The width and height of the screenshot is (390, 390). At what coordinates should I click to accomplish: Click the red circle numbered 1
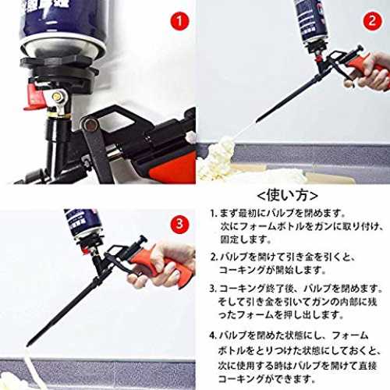click(179, 20)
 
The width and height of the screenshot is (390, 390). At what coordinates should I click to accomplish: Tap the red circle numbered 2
click(372, 20)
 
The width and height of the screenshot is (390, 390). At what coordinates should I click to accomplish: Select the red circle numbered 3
click(179, 224)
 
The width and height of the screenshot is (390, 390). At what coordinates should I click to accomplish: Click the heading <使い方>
click(287, 196)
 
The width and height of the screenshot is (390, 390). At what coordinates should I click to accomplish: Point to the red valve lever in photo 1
click(34, 96)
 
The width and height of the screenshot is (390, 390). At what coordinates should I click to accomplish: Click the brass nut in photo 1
click(56, 97)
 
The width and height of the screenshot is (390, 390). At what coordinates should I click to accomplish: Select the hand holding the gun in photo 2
click(369, 72)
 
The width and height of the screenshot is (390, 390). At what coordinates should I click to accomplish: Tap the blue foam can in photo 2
click(310, 23)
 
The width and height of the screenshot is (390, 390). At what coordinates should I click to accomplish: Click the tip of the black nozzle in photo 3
click(27, 345)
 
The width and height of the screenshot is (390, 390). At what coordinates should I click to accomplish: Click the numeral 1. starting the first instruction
click(213, 214)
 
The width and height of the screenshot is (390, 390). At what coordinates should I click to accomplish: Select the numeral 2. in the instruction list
click(214, 257)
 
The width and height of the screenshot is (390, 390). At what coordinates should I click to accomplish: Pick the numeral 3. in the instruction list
click(213, 289)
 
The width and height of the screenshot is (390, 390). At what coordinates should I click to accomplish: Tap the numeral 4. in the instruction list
click(213, 335)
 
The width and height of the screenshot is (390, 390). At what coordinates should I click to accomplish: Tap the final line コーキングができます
click(267, 378)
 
